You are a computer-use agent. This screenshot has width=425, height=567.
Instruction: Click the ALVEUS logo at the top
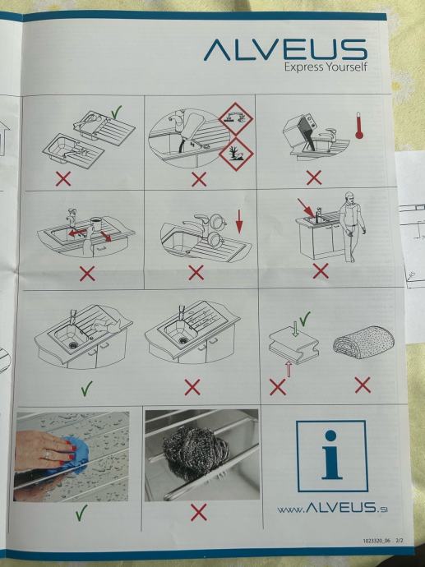(285, 49)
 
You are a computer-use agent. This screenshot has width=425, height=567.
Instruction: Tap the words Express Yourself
(326, 67)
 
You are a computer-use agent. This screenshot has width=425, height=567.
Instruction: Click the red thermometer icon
(358, 126)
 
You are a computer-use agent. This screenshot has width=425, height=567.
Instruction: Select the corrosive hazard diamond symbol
(236, 119)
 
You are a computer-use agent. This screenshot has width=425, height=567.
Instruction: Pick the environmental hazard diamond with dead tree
(236, 154)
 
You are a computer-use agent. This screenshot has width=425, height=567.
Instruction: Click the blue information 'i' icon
(331, 456)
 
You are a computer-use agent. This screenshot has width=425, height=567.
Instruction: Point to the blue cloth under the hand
(74, 458)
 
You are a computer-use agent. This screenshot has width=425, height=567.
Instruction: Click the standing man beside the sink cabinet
(351, 226)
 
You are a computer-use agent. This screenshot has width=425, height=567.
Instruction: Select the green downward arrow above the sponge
(295, 329)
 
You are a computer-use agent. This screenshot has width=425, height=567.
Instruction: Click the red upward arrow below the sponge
(289, 368)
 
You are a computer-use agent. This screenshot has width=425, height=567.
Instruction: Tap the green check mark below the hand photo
(81, 513)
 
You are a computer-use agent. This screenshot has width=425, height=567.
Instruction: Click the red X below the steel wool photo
(199, 512)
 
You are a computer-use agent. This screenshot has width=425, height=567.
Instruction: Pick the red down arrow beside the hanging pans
(239, 222)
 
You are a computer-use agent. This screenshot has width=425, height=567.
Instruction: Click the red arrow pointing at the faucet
(306, 208)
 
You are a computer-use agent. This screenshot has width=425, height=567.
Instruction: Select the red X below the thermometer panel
(314, 177)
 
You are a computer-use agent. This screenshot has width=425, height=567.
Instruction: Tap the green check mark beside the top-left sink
(117, 113)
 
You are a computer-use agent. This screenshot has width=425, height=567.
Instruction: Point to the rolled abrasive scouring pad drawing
(363, 342)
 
